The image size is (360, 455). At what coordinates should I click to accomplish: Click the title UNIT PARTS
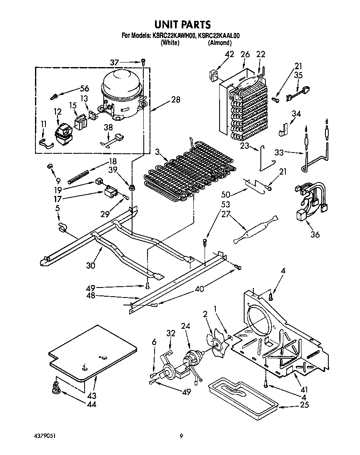pyautogui.click(x=180, y=25)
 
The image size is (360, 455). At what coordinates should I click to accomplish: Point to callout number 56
pyautogui.click(x=85, y=88)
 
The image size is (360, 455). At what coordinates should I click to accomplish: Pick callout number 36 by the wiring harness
pyautogui.click(x=315, y=235)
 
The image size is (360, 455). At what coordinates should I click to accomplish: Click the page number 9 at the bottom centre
pyautogui.click(x=181, y=436)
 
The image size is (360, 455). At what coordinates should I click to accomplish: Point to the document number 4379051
pyautogui.click(x=44, y=436)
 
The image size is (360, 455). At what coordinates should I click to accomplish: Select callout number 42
pyautogui.click(x=230, y=54)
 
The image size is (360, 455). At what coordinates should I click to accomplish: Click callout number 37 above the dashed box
pyautogui.click(x=115, y=63)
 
